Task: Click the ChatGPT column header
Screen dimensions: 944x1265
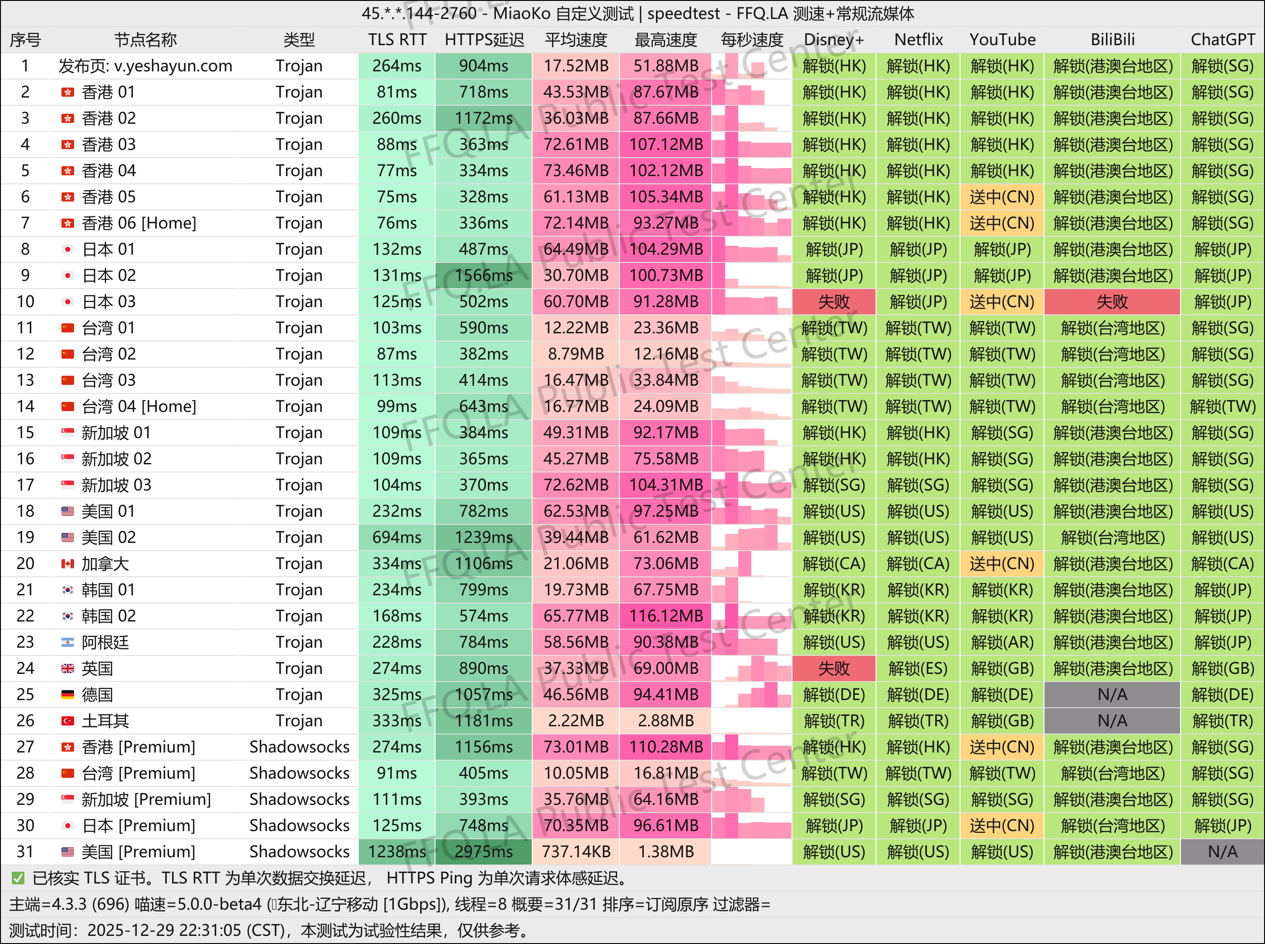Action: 1222,39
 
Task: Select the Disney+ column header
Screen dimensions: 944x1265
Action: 834,39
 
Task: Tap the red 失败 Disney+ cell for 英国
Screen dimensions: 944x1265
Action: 834,668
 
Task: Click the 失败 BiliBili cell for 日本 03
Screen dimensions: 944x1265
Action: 1112,301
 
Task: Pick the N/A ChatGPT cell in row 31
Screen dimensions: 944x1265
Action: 1222,851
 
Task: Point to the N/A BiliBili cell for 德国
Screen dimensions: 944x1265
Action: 1112,694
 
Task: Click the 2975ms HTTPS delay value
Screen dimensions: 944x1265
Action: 483,851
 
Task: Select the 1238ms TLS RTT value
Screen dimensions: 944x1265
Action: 397,851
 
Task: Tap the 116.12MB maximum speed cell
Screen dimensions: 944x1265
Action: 665,616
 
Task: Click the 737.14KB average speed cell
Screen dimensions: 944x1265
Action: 576,851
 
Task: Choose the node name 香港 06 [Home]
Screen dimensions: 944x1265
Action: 139,223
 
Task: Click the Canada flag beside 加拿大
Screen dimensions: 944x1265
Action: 67,563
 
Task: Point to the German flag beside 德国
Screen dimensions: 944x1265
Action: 67,694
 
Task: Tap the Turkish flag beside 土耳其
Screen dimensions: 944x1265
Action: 67,720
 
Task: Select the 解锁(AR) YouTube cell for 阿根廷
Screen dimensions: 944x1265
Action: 1002,642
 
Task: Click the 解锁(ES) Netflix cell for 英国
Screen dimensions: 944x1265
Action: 918,668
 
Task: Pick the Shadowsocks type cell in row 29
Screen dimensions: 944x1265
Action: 299,799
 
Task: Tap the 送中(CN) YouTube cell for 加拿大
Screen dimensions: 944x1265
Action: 1002,563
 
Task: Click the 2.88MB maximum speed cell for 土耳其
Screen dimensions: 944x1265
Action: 665,720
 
